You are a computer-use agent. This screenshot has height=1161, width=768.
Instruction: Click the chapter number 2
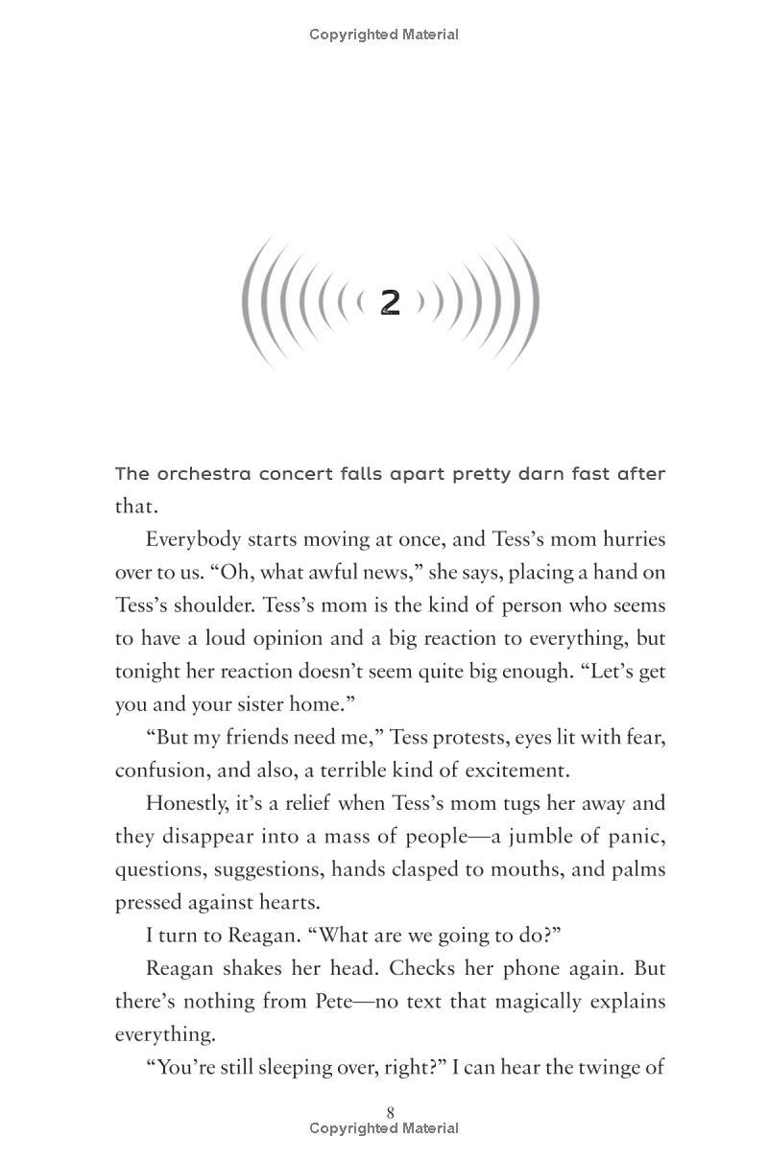tap(390, 301)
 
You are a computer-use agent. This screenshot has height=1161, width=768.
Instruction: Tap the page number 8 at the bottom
tap(390, 1112)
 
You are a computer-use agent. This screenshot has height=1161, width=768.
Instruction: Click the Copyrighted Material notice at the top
tap(384, 35)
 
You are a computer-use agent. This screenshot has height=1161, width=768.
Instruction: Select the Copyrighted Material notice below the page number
tap(384, 1128)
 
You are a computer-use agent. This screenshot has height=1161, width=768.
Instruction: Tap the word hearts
tap(292, 902)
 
